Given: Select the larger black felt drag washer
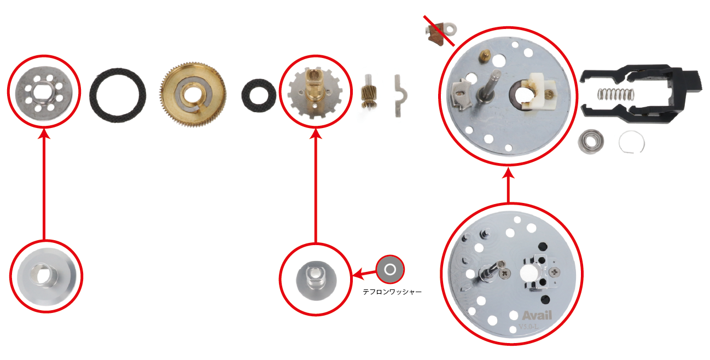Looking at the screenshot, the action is [95, 95].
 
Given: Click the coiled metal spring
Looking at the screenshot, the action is [616, 94].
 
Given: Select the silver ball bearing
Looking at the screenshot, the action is [591, 142].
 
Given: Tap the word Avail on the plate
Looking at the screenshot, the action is [537, 315].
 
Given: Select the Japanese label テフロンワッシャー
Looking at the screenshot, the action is [392, 292].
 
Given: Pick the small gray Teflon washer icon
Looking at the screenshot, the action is [390, 270].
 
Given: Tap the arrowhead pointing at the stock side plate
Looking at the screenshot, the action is [508, 173].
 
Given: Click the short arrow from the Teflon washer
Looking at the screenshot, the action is [364, 274].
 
